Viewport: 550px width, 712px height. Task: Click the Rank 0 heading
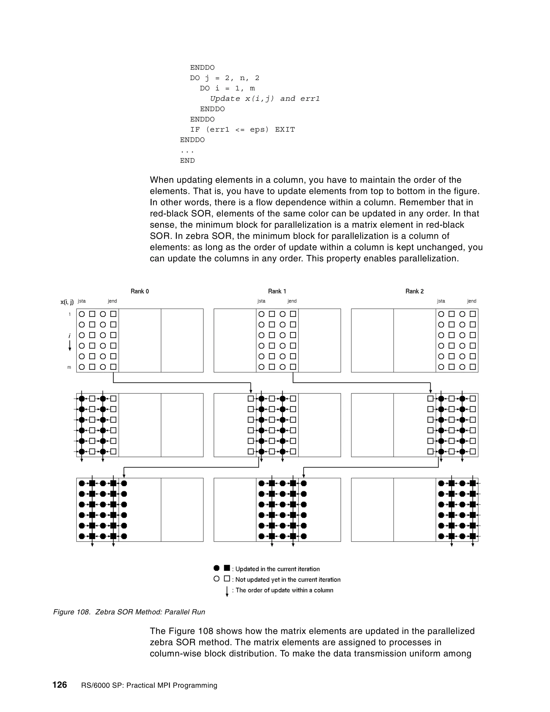(139, 291)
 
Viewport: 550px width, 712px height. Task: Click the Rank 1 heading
(277, 291)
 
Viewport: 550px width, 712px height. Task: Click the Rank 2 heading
(414, 291)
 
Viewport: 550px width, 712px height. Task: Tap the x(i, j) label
(67, 302)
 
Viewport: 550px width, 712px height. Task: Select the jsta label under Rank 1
(261, 301)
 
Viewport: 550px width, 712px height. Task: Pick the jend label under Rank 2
(472, 301)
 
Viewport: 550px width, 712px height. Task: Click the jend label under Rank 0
(113, 301)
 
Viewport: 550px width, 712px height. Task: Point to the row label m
(69, 367)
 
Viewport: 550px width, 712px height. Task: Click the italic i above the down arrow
(69, 336)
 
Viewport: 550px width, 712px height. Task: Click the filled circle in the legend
(217, 568)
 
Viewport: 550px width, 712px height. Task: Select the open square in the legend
(227, 579)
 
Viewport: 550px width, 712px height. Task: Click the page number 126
(60, 685)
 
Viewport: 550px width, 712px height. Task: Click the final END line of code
(187, 160)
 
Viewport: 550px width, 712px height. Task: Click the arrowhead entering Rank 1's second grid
(251, 391)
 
